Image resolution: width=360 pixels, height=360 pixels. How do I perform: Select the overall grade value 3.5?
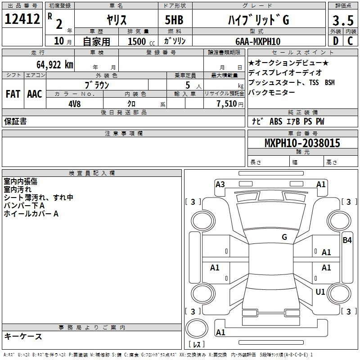[x=342, y=21]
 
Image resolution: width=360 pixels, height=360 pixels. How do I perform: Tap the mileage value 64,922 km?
[x=50, y=64]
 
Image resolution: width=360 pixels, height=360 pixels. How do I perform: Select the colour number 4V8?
[x=75, y=103]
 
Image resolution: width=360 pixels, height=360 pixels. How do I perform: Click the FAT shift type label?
[x=13, y=94]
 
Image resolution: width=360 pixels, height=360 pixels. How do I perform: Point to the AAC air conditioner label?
[x=34, y=94]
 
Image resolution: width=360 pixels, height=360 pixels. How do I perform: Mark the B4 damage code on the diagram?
[x=347, y=240]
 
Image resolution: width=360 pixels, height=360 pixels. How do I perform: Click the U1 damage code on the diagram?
[x=320, y=292]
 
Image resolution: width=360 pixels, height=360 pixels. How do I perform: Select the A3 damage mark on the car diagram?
[x=220, y=184]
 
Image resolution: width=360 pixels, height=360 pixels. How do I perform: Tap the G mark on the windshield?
[x=284, y=237]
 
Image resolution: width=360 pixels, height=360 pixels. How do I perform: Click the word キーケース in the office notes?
[x=23, y=337]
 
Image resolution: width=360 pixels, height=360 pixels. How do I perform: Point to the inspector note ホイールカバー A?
[x=31, y=214]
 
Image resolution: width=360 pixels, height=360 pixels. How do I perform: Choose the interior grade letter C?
[x=350, y=41]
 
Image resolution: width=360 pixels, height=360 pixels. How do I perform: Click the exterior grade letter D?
[x=335, y=41]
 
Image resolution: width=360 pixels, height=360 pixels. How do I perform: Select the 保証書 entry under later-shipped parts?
[x=15, y=121]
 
